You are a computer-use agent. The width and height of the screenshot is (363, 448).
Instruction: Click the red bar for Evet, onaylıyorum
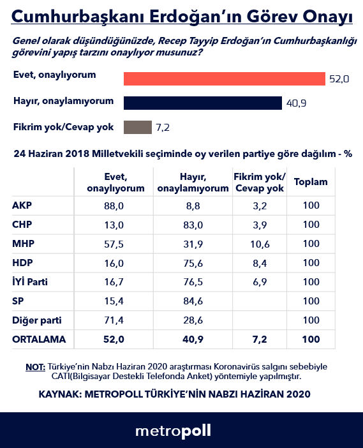(x=224, y=78)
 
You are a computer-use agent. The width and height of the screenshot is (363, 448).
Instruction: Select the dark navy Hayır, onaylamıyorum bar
(x=202, y=103)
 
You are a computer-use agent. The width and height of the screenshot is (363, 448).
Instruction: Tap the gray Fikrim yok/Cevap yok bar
(x=137, y=127)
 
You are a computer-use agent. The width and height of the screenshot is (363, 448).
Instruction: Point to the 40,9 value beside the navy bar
(x=295, y=103)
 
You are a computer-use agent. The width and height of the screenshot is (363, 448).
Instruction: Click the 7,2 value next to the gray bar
(x=163, y=127)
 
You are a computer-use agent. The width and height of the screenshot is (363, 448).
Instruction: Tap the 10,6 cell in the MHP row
(x=259, y=244)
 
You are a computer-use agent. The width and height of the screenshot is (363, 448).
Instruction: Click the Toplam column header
(x=311, y=182)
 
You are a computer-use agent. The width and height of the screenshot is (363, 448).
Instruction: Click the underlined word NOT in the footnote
(x=35, y=367)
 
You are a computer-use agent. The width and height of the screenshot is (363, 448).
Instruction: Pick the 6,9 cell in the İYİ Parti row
(x=259, y=282)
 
